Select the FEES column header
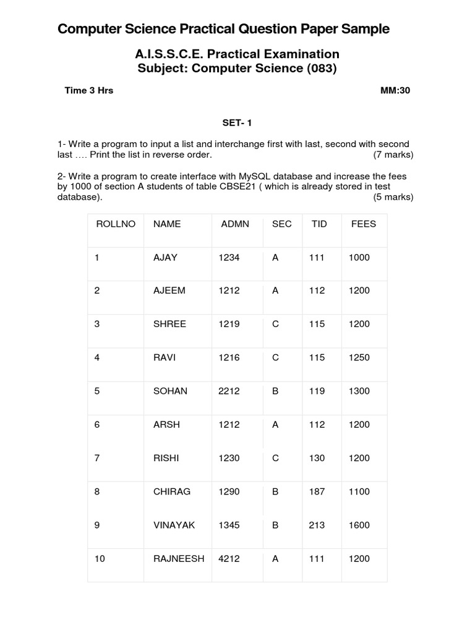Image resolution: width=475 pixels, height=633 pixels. click(x=363, y=224)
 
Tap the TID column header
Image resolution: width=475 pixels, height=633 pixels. click(x=318, y=224)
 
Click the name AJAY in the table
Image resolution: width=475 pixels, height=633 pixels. click(x=165, y=257)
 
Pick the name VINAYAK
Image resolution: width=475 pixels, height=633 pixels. click(x=174, y=525)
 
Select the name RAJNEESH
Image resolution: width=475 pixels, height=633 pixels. click(x=179, y=558)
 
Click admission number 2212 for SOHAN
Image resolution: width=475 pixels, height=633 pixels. click(x=229, y=391)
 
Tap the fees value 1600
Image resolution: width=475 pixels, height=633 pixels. click(x=359, y=525)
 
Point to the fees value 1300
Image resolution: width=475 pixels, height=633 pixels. click(x=359, y=391)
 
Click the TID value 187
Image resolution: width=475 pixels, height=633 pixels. click(x=317, y=491)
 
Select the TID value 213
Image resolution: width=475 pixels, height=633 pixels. click(x=317, y=525)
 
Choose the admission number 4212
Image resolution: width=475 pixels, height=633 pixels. click(x=229, y=558)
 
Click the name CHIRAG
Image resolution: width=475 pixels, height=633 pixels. click(x=172, y=491)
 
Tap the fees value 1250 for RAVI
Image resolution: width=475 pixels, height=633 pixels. click(x=359, y=357)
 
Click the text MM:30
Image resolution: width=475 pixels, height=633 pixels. click(x=395, y=90)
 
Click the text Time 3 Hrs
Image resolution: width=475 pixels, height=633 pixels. click(x=89, y=90)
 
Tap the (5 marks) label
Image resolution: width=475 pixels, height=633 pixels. click(x=393, y=197)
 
